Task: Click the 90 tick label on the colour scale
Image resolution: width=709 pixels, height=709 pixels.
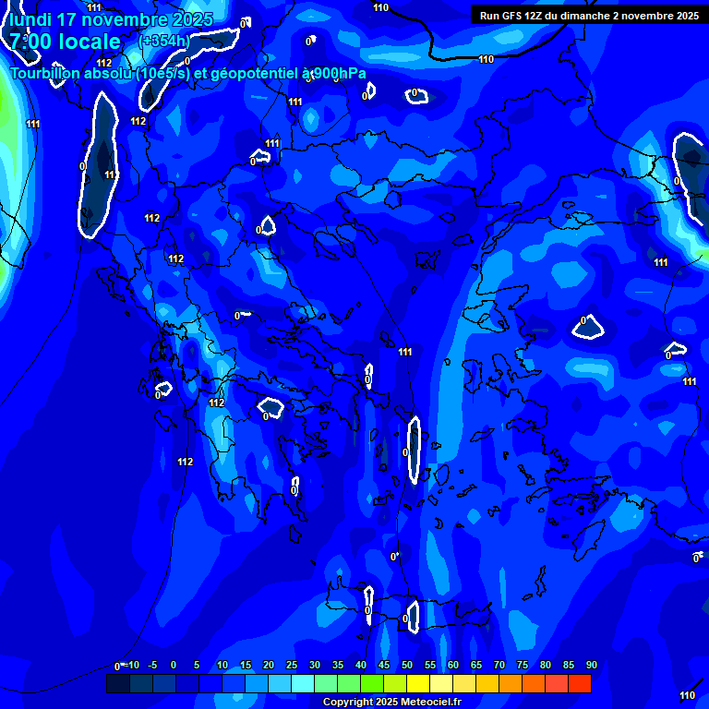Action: [592, 666]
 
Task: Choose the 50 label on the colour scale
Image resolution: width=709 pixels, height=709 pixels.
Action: [406, 666]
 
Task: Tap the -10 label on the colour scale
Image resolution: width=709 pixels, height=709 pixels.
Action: [133, 666]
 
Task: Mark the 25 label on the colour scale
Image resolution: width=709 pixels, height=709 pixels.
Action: [291, 666]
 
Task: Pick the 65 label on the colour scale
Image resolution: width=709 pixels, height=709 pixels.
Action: [476, 666]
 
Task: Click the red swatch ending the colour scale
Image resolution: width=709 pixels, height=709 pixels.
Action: [580, 684]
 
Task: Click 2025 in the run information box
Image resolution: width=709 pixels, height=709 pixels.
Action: [684, 16]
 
